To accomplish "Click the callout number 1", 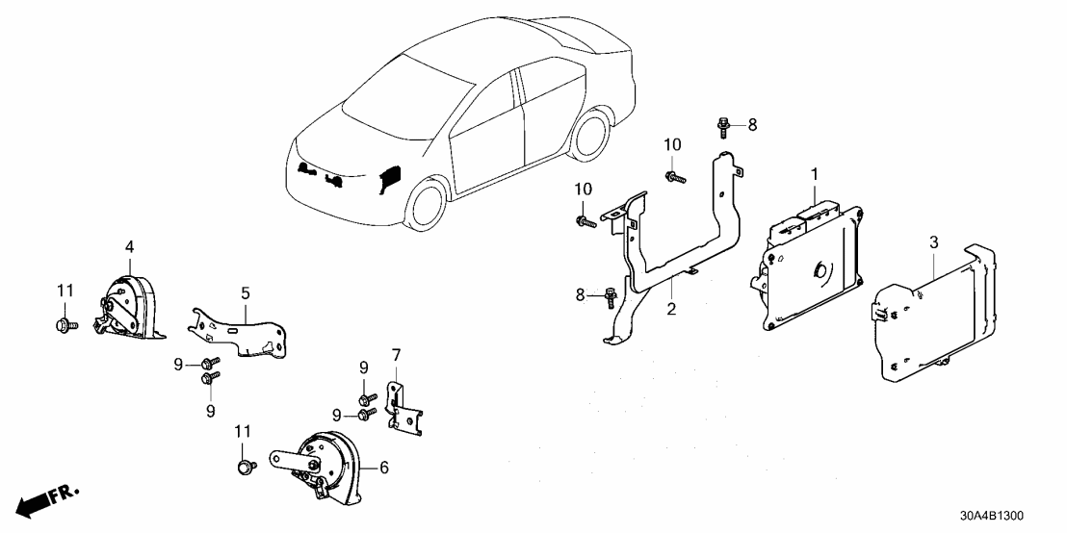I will (x=814, y=174).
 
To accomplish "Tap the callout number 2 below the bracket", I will (x=671, y=309).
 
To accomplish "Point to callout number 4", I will (x=129, y=249).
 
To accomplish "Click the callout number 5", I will (x=246, y=291).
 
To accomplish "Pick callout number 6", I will (x=383, y=468).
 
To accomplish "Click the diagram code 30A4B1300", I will (x=1002, y=516).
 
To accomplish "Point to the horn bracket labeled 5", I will (x=241, y=327).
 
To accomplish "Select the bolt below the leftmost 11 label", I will (x=64, y=323).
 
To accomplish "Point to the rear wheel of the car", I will (x=589, y=138).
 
